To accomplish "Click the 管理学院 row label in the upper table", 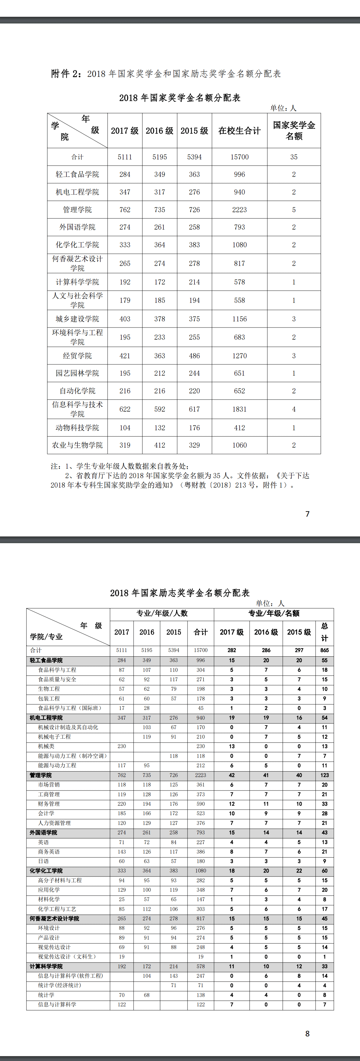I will click(77, 210).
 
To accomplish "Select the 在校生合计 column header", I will click(239, 131).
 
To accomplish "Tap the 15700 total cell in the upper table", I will click(239, 157).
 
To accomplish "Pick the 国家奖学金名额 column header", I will click(294, 131).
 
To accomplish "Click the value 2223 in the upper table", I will click(239, 210).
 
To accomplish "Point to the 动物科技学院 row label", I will click(77, 428).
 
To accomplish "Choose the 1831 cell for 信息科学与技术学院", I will click(239, 409).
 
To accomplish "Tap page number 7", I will click(307, 514).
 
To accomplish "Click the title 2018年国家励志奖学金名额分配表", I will click(180, 593).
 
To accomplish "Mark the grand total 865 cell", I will click(325, 650).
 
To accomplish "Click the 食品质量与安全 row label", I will click(57, 679).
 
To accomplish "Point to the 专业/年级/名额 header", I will click(273, 613).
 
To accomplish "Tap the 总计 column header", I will click(325, 632).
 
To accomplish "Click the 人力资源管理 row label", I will click(54, 823).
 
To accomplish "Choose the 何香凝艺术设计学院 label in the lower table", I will click(54, 919).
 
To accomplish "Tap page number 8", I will click(307, 1034).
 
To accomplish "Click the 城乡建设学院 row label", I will click(77, 319).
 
